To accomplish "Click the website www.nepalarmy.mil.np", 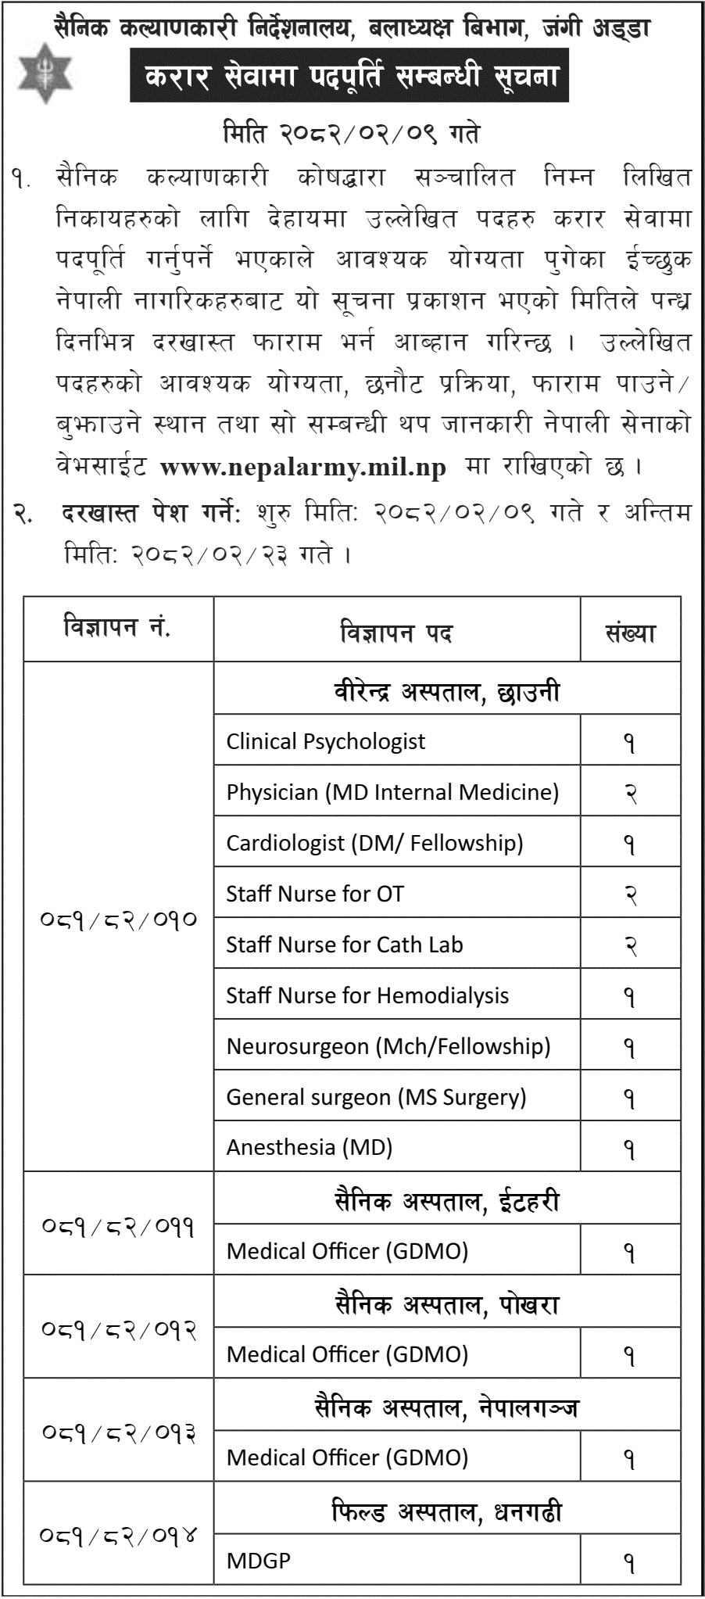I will pos(302,467).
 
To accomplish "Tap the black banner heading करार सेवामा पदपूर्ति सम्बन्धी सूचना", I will pos(349,77).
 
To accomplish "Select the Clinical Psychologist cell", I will pos(326,740).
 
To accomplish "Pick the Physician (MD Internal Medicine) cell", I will pos(392,792).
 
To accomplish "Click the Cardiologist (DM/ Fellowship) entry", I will pos(374,843).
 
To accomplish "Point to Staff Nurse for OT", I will pos(315,894).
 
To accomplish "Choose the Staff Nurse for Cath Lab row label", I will pos(345,945).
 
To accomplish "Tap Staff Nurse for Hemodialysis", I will pos(367,995).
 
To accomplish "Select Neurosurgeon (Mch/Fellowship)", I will pos(388,1046).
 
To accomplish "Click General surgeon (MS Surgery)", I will pos(376,1097).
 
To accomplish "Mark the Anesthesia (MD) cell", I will pos(310,1147).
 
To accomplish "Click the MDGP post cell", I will pos(259,1561).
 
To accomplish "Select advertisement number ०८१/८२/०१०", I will pos(118,919).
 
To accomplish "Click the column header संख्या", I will pos(630,633).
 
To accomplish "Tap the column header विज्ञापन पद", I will pos(396,633).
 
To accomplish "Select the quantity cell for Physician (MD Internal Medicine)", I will pos(630,792).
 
